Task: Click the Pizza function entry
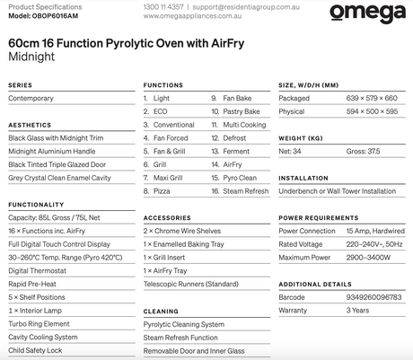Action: tap(162, 191)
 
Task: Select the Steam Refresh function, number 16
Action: tap(245, 191)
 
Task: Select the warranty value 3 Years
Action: tap(335, 310)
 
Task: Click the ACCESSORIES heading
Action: tap(166, 217)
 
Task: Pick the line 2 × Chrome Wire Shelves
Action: tap(181, 231)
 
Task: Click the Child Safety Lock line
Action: tap(36, 350)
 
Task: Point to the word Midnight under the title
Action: tap(31, 56)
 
